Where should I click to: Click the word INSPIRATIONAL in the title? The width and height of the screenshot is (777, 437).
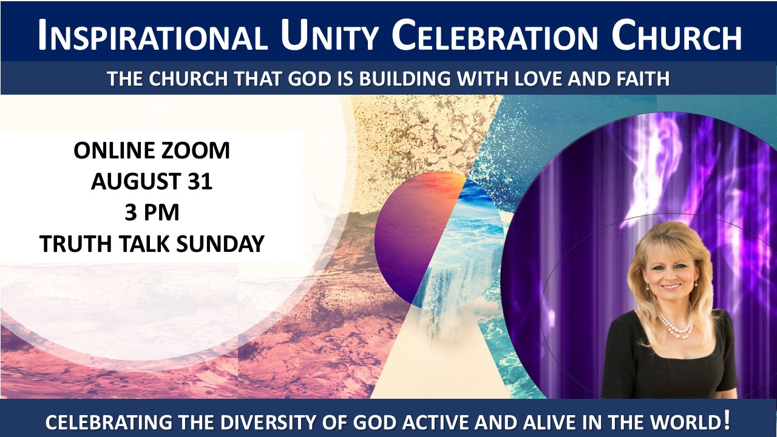coord(152,35)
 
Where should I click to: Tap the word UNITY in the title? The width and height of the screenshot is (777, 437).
coord(329,35)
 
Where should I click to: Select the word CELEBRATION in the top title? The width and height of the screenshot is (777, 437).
coord(495,35)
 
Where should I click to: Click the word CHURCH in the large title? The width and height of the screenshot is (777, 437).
coord(676,35)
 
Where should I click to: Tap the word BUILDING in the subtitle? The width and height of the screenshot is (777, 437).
coord(405,78)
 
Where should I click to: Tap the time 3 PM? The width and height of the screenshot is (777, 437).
coord(152,212)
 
